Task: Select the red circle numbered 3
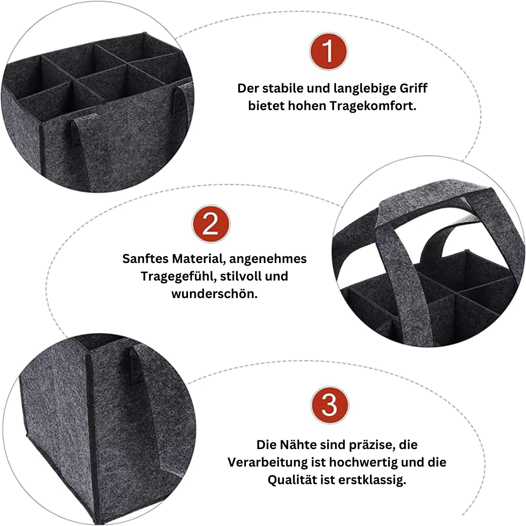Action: pos(330,404)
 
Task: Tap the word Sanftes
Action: pos(146,259)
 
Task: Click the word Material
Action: pos(196,259)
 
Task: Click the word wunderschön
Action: pos(214,294)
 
